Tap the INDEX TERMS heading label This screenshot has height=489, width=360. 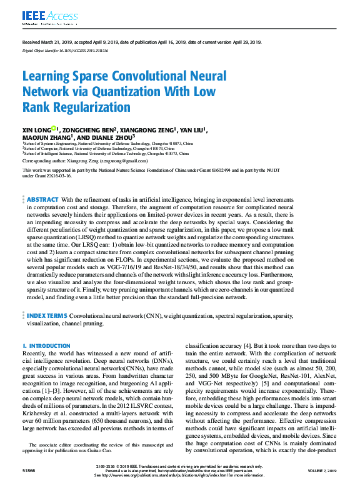pyautogui.click(x=47, y=317)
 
